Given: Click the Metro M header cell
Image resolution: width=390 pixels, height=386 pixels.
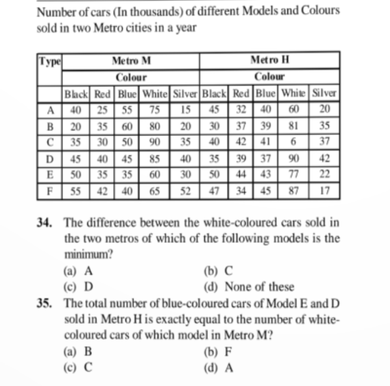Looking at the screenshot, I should (x=131, y=60).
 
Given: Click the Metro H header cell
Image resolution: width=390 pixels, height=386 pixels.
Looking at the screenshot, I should (x=270, y=60).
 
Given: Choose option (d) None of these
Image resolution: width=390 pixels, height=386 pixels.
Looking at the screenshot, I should (x=249, y=287).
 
